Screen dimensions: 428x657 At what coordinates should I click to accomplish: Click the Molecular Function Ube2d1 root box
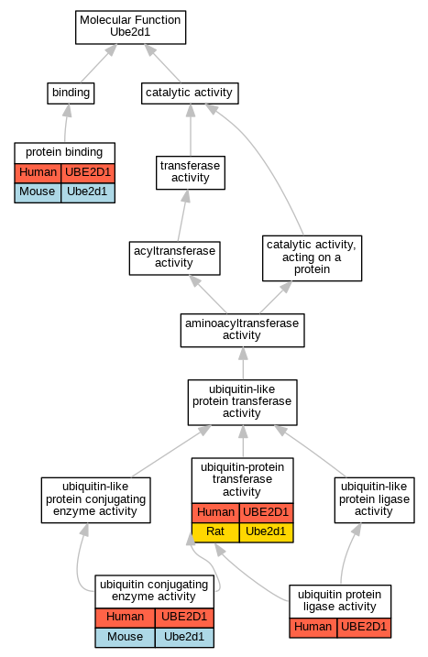pyautogui.click(x=130, y=27)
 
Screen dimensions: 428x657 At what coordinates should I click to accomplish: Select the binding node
pyautogui.click(x=71, y=93)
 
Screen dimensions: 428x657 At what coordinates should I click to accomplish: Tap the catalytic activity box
pyautogui.click(x=190, y=93)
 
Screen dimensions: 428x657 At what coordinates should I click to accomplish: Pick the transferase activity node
pyautogui.click(x=191, y=172)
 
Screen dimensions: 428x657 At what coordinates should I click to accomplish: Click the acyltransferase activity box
pyautogui.click(x=174, y=258)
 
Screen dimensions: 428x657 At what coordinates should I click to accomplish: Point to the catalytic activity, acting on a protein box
pyautogui.click(x=312, y=258)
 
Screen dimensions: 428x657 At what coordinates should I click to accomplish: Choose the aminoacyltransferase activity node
pyautogui.click(x=242, y=330)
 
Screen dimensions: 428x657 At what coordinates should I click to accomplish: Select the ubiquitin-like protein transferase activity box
pyautogui.click(x=242, y=402)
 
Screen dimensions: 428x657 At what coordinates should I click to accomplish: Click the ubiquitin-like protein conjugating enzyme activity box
pyautogui.click(x=95, y=500)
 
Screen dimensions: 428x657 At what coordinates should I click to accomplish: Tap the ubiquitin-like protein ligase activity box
pyautogui.click(x=374, y=500)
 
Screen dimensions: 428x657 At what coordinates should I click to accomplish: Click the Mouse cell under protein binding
pyautogui.click(x=38, y=192)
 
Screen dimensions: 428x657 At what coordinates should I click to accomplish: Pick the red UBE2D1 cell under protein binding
pyautogui.click(x=88, y=173)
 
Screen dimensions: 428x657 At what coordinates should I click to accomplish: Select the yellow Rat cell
pyautogui.click(x=215, y=532)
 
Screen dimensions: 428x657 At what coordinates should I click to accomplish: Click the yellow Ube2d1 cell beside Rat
pyautogui.click(x=266, y=532)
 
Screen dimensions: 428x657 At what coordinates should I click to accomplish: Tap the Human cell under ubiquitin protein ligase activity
pyautogui.click(x=313, y=628)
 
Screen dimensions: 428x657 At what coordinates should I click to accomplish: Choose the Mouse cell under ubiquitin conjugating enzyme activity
pyautogui.click(x=125, y=638)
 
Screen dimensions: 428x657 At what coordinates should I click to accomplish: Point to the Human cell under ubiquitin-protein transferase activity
pyautogui.click(x=215, y=513)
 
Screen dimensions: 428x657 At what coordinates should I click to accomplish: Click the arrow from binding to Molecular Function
pyautogui.click(x=98, y=63)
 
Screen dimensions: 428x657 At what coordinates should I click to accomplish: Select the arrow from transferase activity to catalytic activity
pyautogui.click(x=191, y=130)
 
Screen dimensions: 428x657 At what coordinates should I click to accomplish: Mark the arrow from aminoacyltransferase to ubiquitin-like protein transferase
pyautogui.click(x=243, y=363)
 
